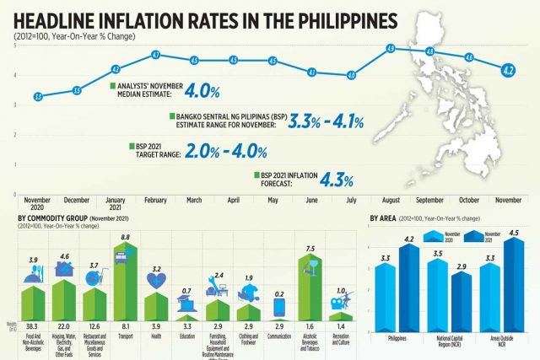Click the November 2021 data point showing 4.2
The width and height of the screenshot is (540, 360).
tap(508, 70)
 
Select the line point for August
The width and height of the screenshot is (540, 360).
tap(391, 49)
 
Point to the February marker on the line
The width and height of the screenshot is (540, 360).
tap(155, 55)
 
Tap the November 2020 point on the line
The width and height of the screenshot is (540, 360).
tap(38, 97)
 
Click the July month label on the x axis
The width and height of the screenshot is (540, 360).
tap(351, 200)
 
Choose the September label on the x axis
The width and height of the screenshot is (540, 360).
tap(429, 200)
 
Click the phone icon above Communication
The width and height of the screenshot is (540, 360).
tap(278, 305)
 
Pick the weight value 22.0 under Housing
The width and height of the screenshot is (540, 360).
tap(64, 325)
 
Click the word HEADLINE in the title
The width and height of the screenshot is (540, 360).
tap(64, 18)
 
